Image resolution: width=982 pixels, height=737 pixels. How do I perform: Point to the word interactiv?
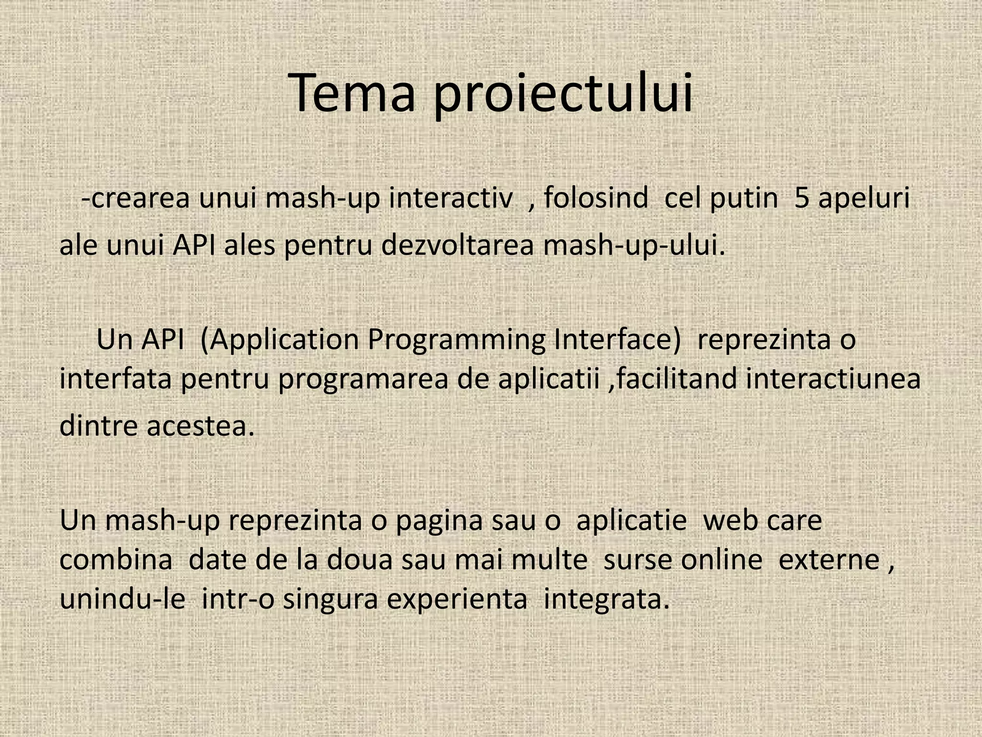[450, 198]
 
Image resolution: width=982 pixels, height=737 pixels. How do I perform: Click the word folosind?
[596, 198]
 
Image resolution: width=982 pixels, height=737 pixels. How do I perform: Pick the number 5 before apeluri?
[802, 198]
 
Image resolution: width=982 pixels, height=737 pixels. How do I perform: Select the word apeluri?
[864, 199]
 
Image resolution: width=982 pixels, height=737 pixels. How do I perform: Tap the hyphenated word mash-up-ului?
[633, 246]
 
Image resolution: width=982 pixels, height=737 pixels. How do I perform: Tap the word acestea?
[200, 426]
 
